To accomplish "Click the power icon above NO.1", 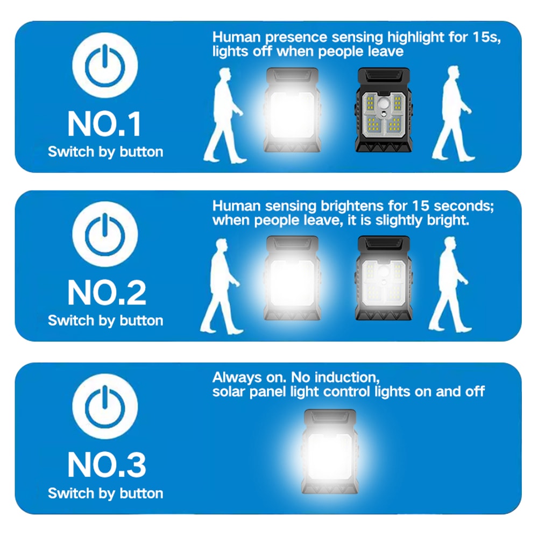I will tap(105, 66).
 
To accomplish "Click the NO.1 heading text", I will tap(105, 124).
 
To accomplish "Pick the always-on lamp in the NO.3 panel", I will tap(329, 452).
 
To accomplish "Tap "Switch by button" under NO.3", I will tap(105, 493).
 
